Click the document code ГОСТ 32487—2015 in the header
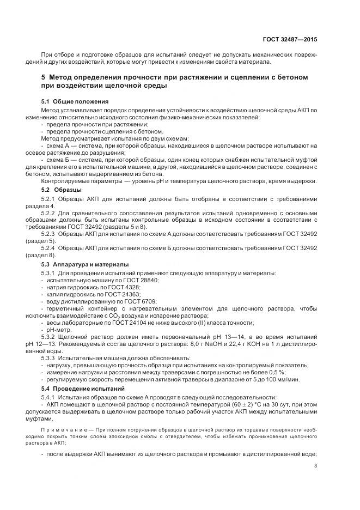tap(291, 39)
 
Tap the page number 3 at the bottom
tap(316, 466)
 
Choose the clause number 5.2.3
tap(49, 233)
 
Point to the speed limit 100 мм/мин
tap(282, 380)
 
